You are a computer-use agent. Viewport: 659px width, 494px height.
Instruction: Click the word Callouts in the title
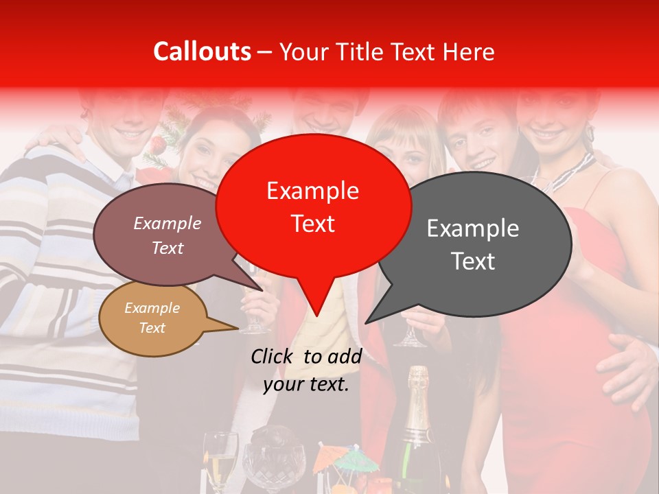(x=202, y=51)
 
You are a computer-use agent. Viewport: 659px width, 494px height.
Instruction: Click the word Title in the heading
(x=360, y=52)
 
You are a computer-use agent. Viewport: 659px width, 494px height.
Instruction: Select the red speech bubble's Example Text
(x=313, y=207)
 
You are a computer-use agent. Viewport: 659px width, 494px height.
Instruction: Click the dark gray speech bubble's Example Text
(x=473, y=244)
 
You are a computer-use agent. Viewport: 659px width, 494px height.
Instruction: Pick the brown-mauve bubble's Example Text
(x=167, y=235)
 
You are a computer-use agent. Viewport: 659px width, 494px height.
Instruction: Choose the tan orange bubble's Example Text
(x=152, y=318)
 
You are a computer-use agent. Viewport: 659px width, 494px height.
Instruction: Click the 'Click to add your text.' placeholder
(x=306, y=370)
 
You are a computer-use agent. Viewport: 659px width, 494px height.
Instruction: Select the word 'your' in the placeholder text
(x=284, y=384)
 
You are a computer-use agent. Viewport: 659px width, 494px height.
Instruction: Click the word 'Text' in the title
(x=413, y=52)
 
